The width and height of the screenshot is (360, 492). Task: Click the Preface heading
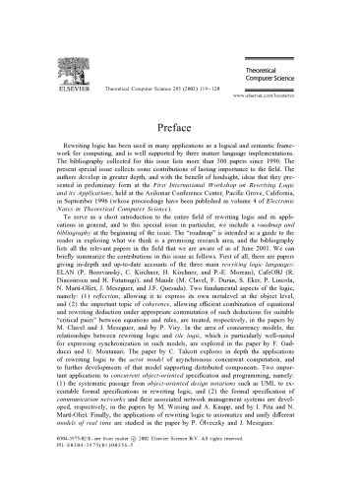[180, 126]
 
